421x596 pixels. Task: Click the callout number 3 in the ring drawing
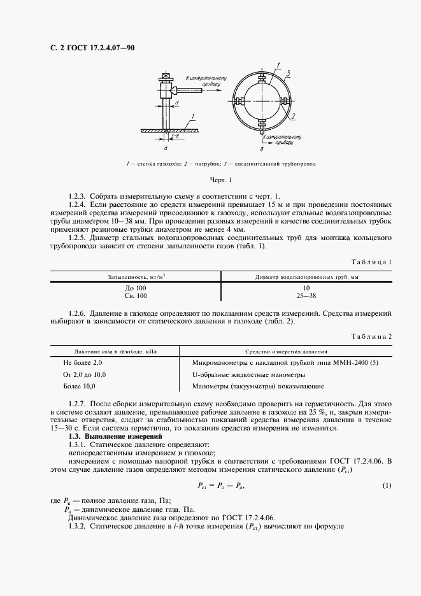289,71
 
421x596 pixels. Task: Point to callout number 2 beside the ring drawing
294,117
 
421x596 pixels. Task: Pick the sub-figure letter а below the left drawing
166,147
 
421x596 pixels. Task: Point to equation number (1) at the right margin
386,486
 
